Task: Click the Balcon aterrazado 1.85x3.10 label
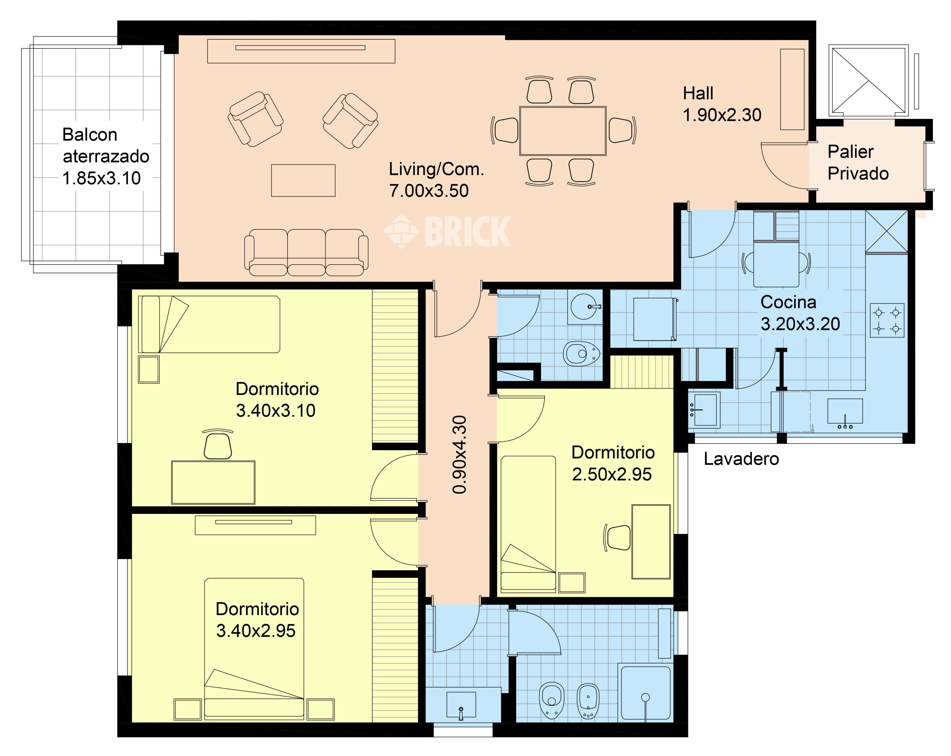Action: pyautogui.click(x=106, y=156)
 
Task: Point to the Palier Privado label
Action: pyautogui.click(x=858, y=162)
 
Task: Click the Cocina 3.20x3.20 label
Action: pyautogui.click(x=800, y=313)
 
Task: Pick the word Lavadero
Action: pyautogui.click(x=741, y=459)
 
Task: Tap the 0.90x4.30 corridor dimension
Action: pyautogui.click(x=459, y=455)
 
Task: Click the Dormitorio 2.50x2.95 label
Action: pyautogui.click(x=613, y=463)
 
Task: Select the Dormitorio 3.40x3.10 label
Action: pyautogui.click(x=277, y=399)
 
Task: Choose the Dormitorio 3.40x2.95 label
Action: pyautogui.click(x=257, y=620)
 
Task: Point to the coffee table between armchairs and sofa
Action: pyautogui.click(x=303, y=180)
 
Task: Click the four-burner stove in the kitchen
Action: pyautogui.click(x=887, y=320)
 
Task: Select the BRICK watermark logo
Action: pyautogui.click(x=447, y=231)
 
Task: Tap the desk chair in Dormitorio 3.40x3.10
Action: pyautogui.click(x=217, y=444)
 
